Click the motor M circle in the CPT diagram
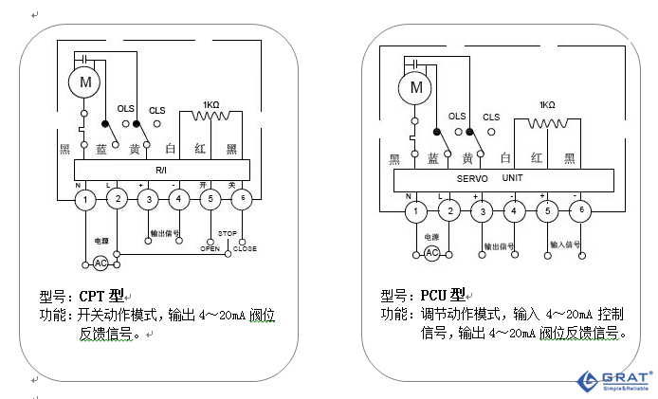(x=85, y=82)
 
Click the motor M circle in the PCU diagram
(x=414, y=88)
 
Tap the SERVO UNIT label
(x=489, y=178)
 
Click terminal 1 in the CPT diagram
(x=85, y=199)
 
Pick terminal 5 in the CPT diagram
(x=210, y=199)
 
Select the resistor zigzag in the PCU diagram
(x=546, y=123)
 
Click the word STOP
(x=228, y=233)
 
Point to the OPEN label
(x=210, y=248)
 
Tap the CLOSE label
(x=245, y=248)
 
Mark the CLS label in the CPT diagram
(x=156, y=111)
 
